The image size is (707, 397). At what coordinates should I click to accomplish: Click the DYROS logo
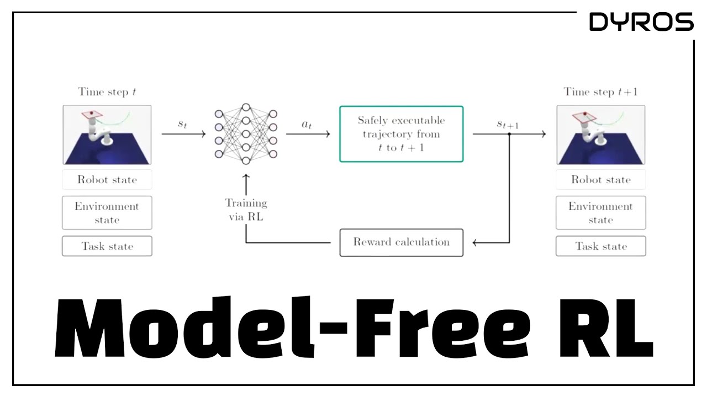[x=641, y=22]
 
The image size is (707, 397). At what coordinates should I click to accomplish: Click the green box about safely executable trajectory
[x=401, y=134]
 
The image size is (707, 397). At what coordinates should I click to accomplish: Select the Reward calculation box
[x=401, y=242]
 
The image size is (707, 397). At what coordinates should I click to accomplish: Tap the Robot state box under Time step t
[x=107, y=180]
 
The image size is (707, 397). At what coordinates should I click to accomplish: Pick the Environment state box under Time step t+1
[x=600, y=213]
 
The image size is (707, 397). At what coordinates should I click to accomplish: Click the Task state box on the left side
[x=107, y=246]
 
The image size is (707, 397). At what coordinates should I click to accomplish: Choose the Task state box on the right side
[x=600, y=246]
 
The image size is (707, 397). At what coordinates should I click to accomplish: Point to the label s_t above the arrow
[x=182, y=125]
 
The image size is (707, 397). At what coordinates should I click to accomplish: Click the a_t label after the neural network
[x=307, y=125]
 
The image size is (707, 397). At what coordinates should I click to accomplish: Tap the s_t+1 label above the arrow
[x=508, y=125]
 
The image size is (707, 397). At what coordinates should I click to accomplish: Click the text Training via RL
[x=246, y=210]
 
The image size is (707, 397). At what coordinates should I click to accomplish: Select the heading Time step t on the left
[x=107, y=92]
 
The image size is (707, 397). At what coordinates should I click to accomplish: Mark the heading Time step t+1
[x=600, y=92]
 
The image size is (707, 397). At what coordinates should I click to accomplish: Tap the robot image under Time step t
[x=107, y=135]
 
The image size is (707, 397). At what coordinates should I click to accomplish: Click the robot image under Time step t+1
[x=600, y=135]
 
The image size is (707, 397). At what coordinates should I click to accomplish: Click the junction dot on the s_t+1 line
[x=509, y=134]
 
